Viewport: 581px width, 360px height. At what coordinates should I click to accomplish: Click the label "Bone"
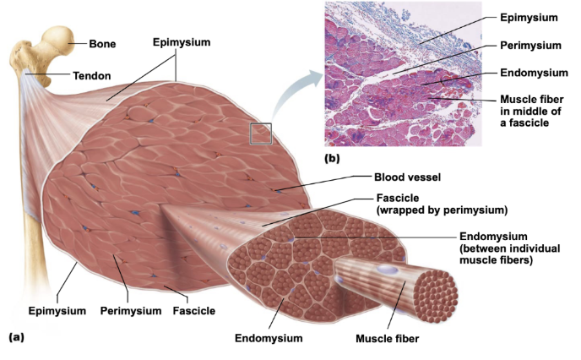pyautogui.click(x=103, y=42)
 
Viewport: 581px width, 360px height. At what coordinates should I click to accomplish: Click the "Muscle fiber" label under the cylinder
pyautogui.click(x=388, y=340)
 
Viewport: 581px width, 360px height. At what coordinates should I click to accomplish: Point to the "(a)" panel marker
pyautogui.click(x=17, y=335)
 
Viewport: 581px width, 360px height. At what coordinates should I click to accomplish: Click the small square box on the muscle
pyautogui.click(x=261, y=134)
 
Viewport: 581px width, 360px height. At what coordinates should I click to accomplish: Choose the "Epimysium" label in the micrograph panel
pyautogui.click(x=529, y=16)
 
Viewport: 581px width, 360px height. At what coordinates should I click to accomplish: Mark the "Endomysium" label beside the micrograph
pyautogui.click(x=532, y=73)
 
